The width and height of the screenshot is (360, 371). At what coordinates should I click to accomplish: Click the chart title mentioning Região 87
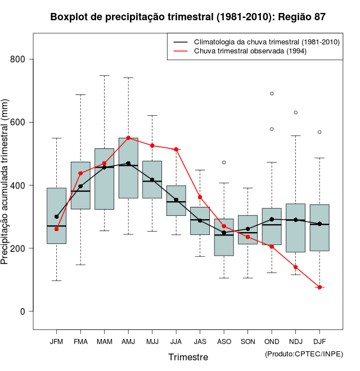point(188,17)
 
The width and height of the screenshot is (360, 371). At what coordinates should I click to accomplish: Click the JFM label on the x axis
point(56,341)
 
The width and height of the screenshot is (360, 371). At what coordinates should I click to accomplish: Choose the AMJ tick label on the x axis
point(128,341)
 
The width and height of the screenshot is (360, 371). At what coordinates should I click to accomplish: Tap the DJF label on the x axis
point(319,341)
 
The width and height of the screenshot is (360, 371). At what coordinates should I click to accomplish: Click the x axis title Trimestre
point(188,357)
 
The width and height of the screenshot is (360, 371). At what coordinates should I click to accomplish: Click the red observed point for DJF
point(319,287)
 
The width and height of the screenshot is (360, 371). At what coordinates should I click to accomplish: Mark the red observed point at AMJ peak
point(128,138)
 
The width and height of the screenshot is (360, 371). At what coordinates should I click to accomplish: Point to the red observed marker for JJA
point(176,150)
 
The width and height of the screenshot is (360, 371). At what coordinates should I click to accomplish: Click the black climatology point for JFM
point(56,216)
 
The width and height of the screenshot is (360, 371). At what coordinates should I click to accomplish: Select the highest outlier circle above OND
point(272,93)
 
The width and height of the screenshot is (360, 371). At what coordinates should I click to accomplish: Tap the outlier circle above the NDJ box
point(295,112)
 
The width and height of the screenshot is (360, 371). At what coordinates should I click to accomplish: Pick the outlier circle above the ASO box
point(224,162)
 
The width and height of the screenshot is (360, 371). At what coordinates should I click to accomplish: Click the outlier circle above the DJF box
point(319,132)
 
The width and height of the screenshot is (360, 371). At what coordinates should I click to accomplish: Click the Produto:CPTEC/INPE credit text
point(304,354)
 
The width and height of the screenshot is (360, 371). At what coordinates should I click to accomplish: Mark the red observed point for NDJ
point(295,267)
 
